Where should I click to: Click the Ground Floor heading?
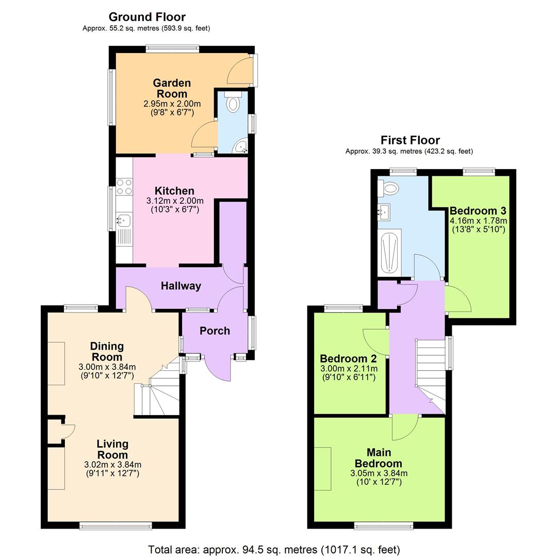pos(147,17)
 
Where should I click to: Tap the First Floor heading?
pos(410,140)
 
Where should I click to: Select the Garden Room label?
pos(172,88)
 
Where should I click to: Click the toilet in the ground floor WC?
pos(233,103)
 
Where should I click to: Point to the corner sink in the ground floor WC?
pos(241,147)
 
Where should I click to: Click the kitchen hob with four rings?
pos(124,186)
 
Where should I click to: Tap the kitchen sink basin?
pos(123,221)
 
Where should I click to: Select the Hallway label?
pos(180,286)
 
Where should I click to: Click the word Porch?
pos(215,331)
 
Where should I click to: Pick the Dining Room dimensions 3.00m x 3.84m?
pos(107,367)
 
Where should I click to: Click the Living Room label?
pos(112,449)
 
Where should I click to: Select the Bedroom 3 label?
pos(478,210)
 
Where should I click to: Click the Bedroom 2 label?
pos(348,358)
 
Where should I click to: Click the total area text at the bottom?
pos(274,549)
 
